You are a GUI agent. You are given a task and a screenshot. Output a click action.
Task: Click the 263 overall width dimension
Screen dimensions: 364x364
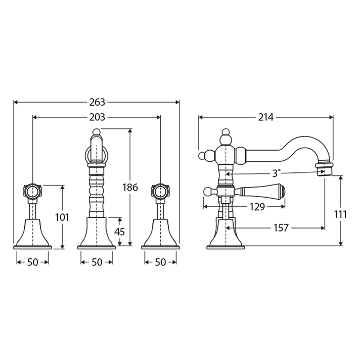point(97,102)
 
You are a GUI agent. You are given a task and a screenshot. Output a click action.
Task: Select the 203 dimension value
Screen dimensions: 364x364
point(97,117)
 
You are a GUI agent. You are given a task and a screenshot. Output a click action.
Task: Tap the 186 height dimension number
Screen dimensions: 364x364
point(130,188)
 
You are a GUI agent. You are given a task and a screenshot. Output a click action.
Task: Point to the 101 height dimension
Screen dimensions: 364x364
point(63,217)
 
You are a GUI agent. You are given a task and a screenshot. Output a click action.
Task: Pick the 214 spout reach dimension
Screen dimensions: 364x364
point(265,117)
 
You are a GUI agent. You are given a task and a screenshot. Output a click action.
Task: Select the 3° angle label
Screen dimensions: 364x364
point(276,173)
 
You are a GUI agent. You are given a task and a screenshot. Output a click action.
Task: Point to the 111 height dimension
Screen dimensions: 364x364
point(341,214)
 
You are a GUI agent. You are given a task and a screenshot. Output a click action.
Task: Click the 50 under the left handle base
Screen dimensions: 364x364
point(33,262)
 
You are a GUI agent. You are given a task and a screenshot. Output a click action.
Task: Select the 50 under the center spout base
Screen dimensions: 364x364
point(97,262)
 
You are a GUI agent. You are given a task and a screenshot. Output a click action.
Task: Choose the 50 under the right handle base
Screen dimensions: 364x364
point(160,262)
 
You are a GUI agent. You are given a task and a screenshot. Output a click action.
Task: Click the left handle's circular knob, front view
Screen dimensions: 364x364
point(33,192)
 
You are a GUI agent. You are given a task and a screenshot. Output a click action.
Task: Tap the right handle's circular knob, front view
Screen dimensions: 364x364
point(160,192)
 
